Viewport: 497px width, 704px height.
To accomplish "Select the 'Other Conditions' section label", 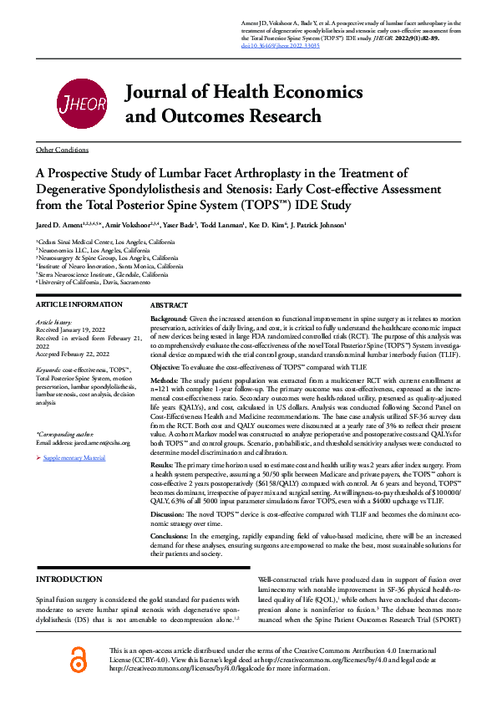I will tap(62, 149).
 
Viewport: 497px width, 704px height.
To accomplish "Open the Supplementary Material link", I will tap(74, 459).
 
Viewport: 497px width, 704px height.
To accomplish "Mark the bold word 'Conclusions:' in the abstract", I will tap(170, 534).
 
